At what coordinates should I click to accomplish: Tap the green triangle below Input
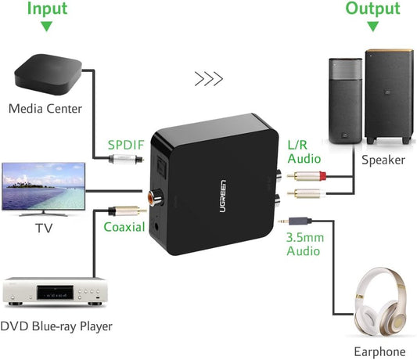[x=46, y=26]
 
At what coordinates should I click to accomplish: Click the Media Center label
[x=45, y=108]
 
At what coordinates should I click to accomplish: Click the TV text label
[x=44, y=229]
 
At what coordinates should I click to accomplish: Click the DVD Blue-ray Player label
[x=56, y=326]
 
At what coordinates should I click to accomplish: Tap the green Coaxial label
[x=124, y=227]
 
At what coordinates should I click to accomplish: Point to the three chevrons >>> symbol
[x=208, y=78]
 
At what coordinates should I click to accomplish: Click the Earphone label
[x=380, y=351]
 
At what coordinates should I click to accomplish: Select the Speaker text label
[x=383, y=160]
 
